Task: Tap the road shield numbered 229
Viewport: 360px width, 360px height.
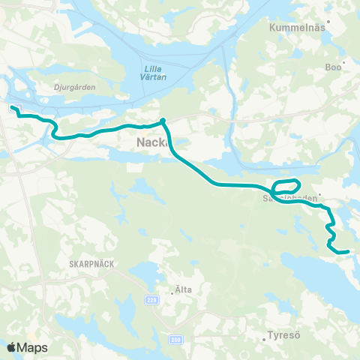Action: coord(152,299)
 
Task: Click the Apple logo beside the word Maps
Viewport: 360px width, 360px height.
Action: coord(13,347)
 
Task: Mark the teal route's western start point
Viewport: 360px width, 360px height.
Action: coord(13,108)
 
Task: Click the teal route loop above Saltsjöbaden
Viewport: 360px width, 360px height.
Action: coord(287,184)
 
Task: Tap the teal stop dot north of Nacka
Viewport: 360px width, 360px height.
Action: coord(163,119)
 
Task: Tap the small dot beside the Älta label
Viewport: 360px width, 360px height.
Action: coord(172,294)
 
